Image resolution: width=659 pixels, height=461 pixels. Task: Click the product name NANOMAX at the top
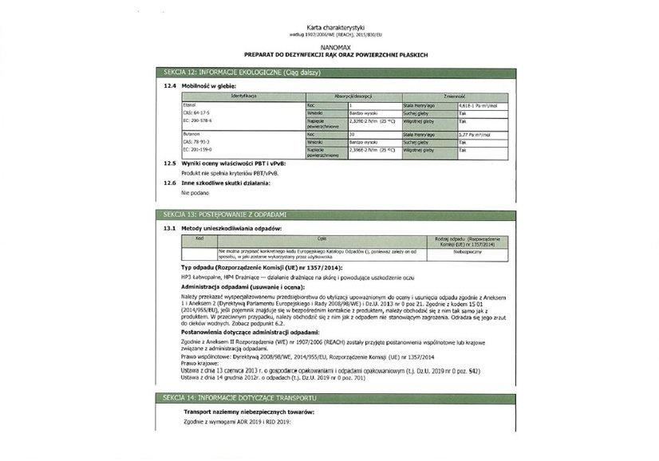[329, 47]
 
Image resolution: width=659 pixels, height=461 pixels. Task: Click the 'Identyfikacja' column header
[243, 96]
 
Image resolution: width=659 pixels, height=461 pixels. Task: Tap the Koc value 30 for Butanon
[353, 135]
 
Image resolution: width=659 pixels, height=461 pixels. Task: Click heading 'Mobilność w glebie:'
[208, 85]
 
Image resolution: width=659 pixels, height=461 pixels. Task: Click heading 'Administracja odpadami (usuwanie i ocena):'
[243, 286]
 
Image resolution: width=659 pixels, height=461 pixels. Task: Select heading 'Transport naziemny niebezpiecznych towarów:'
[250, 411]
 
